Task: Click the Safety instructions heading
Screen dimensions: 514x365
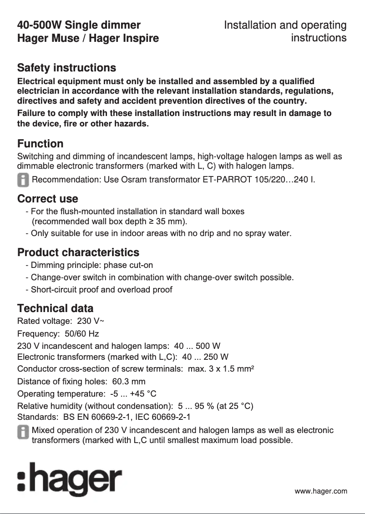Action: (66, 68)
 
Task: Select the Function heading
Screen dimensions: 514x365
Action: (40, 144)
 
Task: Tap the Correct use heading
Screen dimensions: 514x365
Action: (47, 199)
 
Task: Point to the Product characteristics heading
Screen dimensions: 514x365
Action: (78, 252)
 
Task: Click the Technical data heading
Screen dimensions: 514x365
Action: (55, 308)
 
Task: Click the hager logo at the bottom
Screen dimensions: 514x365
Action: (70, 479)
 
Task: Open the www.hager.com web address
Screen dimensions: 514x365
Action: (320, 491)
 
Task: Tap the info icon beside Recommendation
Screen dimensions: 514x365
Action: (23, 180)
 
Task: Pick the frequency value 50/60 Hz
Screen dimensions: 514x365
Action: (82, 334)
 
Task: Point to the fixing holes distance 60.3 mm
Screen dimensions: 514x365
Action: (129, 381)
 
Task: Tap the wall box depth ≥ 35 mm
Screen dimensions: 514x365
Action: (169, 222)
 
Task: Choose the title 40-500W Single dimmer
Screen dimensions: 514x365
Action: (79, 25)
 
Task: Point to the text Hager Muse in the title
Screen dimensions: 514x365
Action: (48, 38)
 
